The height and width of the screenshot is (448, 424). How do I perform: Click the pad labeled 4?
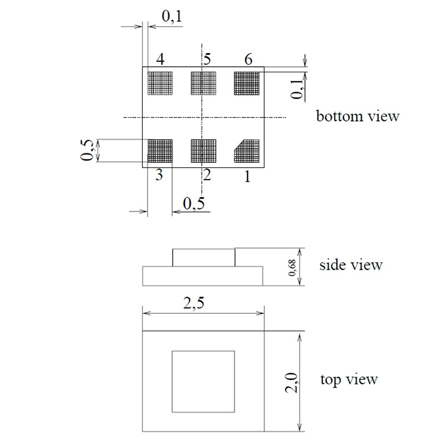point(159,82)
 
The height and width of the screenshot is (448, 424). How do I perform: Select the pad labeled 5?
point(203,82)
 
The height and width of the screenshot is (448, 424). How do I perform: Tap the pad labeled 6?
point(246,82)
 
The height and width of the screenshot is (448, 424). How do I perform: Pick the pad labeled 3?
point(159,150)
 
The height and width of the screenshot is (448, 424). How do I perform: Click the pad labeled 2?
point(203,150)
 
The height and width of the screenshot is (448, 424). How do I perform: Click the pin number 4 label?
point(160,60)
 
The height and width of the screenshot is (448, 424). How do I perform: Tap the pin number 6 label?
point(248,60)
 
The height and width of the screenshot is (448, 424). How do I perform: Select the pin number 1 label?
point(247,177)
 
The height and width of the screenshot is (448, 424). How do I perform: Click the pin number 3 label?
point(160,175)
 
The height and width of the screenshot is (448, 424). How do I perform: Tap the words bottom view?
point(357,117)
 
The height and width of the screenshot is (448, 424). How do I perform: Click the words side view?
point(351,265)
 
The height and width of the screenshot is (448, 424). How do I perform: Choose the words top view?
point(349,379)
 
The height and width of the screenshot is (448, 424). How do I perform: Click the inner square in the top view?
point(203,381)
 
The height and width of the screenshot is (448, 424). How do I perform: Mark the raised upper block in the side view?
point(204,257)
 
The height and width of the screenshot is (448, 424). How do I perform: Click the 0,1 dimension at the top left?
point(171,17)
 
